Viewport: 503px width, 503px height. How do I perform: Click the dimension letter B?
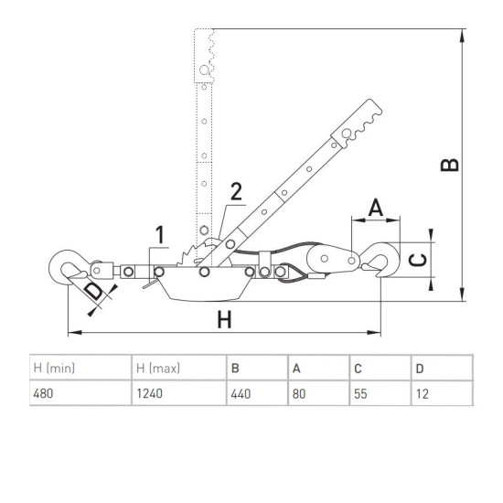[450, 165]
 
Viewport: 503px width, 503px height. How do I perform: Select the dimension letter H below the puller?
[224, 319]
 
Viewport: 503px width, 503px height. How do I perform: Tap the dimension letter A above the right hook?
[376, 208]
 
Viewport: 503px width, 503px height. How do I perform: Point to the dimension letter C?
[419, 260]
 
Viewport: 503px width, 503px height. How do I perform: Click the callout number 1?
[160, 235]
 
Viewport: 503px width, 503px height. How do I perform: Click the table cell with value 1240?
[179, 393]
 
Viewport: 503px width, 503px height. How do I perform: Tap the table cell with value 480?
[80, 393]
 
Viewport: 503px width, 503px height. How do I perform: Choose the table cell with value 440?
[257, 393]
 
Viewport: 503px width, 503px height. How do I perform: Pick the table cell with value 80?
[319, 393]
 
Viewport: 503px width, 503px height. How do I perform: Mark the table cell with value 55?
[380, 393]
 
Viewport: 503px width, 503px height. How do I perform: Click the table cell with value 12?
[443, 393]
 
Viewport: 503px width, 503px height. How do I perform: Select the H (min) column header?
[80, 368]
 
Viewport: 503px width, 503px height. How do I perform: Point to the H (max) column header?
[179, 368]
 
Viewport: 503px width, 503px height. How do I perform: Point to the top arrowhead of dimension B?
[462, 36]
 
